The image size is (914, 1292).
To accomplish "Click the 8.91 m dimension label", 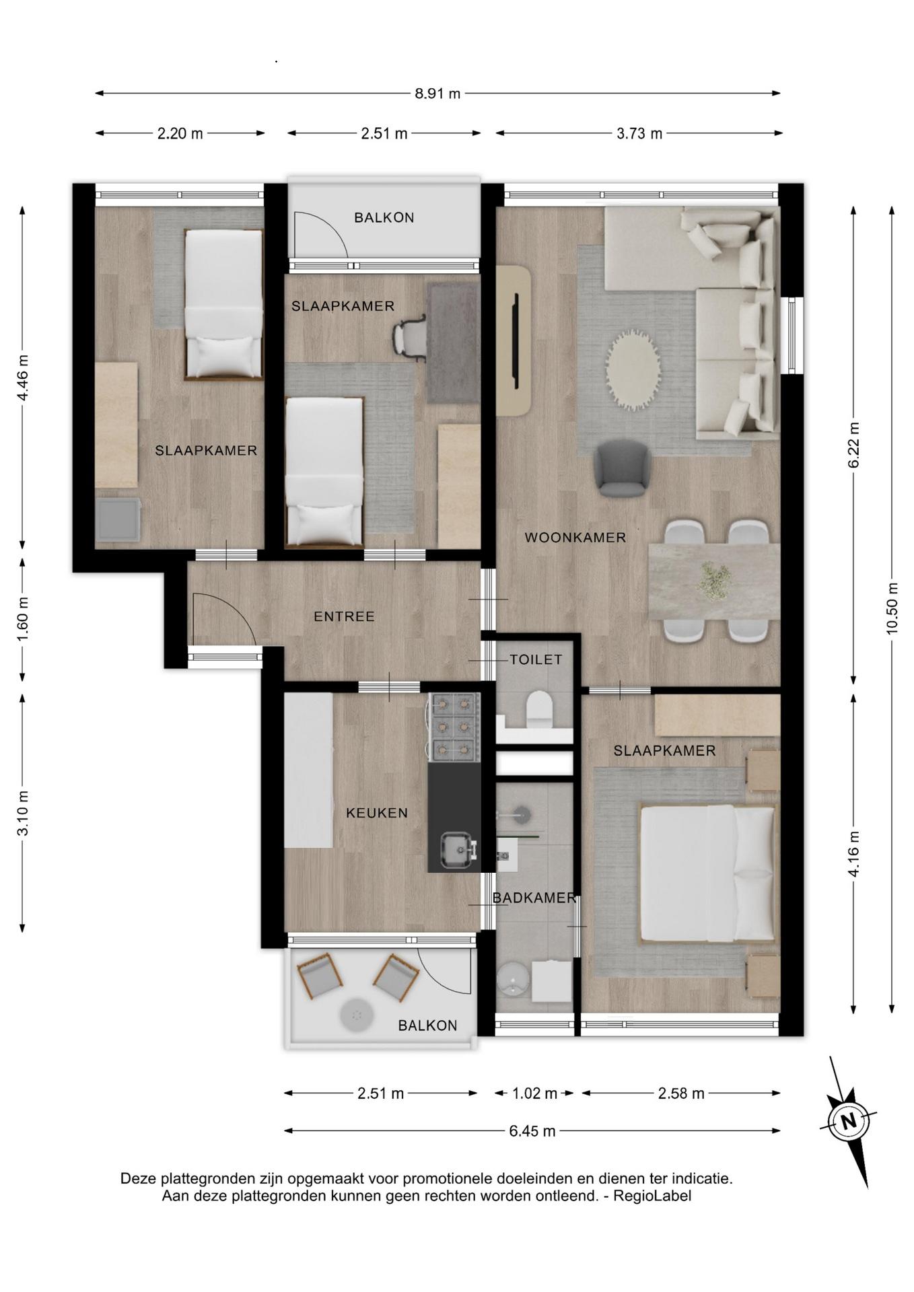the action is pyautogui.click(x=437, y=94).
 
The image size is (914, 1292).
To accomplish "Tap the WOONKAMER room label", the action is pyautogui.click(x=575, y=538).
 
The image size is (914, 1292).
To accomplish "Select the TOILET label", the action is pyautogui.click(x=536, y=659).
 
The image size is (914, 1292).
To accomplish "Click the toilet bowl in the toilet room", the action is pyautogui.click(x=539, y=709).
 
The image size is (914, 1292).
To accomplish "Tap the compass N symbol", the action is pyautogui.click(x=849, y=1122).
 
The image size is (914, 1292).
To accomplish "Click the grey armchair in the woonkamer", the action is pyautogui.click(x=622, y=468).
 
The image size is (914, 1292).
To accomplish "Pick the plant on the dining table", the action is pyautogui.click(x=714, y=580).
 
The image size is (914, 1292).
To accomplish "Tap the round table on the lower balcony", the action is pyautogui.click(x=356, y=1014).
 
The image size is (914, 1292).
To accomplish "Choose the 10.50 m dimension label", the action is pyautogui.click(x=892, y=608).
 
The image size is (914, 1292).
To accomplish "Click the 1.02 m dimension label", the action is pyautogui.click(x=534, y=1093).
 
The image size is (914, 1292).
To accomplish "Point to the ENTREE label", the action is pyautogui.click(x=344, y=616).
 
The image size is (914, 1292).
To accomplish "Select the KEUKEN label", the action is pyautogui.click(x=377, y=813).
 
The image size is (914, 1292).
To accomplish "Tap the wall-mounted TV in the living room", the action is pyautogui.click(x=516, y=340).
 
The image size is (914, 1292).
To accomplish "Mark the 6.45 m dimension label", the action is pyautogui.click(x=532, y=1131).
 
